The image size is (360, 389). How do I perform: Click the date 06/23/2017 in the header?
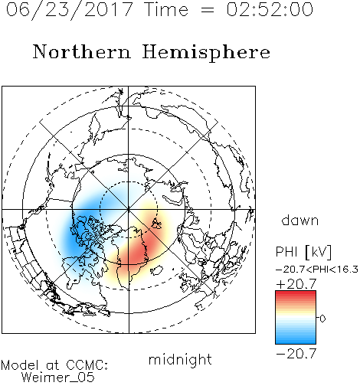coord(70,10)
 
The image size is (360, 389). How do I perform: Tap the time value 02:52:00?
coord(270,9)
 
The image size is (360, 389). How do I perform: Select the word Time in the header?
coord(166,9)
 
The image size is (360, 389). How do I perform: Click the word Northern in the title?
coord(82,51)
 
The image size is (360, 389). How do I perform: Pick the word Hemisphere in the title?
coord(206,53)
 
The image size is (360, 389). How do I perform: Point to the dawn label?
coord(300,221)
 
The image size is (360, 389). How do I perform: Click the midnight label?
coord(180,360)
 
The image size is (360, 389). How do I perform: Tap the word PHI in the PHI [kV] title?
coord(286,252)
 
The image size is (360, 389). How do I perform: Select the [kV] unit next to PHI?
coord(318,252)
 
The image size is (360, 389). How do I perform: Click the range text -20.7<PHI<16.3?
coord(317,270)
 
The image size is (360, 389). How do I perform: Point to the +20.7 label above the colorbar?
coord(296,284)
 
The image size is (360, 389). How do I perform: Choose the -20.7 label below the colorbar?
coord(296,354)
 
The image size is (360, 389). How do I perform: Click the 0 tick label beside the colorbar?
coord(322,319)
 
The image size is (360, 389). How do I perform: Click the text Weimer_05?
coord(58,378)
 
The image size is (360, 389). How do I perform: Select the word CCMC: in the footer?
coord(87,365)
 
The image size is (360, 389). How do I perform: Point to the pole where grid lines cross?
coord(128,209)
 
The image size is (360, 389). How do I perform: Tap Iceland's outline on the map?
coord(156,270)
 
